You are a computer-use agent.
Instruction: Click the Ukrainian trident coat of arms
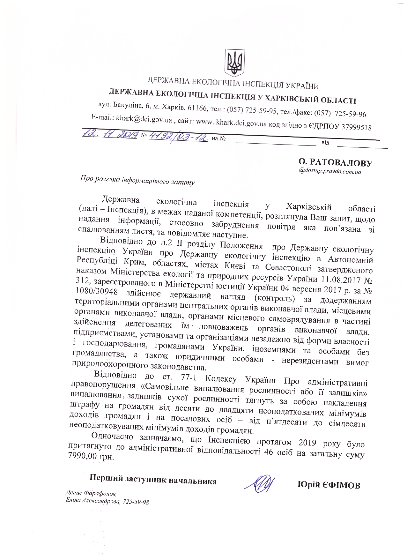(235, 62)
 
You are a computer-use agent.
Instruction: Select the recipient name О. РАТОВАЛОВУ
(334, 163)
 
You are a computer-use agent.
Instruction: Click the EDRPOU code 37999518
(357, 127)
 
